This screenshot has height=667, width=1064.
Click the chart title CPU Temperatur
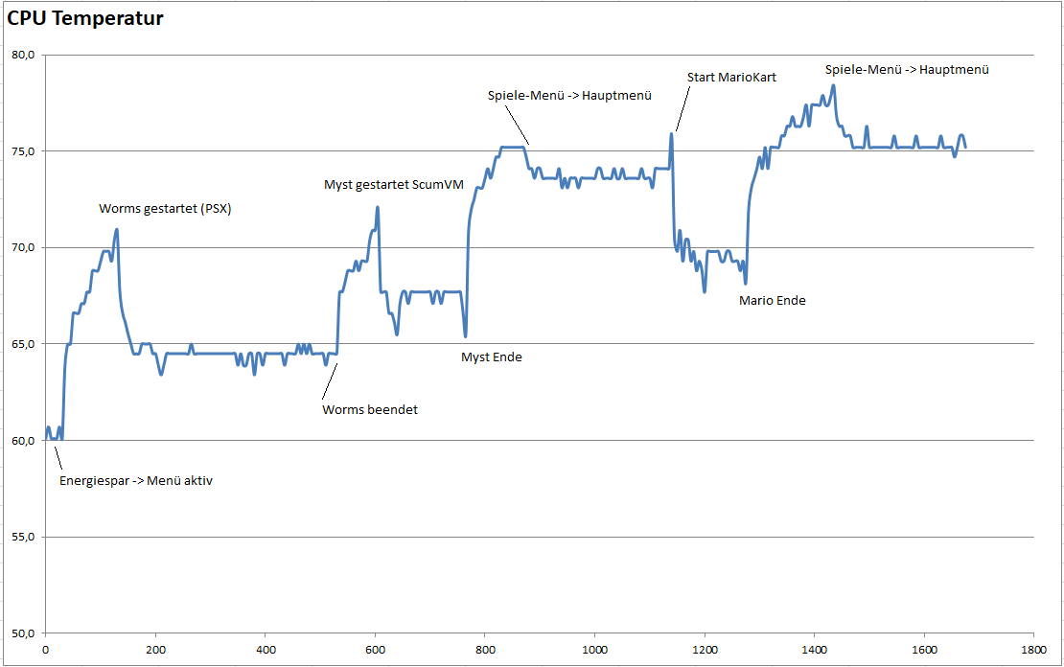click(x=85, y=18)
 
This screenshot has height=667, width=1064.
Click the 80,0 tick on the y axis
click(x=23, y=55)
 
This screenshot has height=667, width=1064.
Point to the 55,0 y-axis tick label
click(x=23, y=537)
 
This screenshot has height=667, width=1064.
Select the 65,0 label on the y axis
click(x=23, y=344)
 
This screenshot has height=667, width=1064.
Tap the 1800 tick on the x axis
click(x=1032, y=648)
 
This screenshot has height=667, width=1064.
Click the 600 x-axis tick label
click(x=375, y=648)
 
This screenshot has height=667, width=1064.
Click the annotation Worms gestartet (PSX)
click(x=165, y=208)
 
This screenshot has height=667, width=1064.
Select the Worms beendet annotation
click(x=370, y=409)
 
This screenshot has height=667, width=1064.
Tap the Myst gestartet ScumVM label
click(x=394, y=185)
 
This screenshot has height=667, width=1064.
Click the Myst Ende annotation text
click(x=492, y=356)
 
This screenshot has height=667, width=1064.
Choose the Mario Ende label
click(x=773, y=300)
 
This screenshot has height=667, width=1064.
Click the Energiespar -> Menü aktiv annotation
click(x=136, y=480)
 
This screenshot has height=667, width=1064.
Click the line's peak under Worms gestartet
click(x=116, y=230)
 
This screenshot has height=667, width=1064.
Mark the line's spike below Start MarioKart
click(x=671, y=134)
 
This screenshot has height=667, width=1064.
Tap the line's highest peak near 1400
click(x=833, y=85)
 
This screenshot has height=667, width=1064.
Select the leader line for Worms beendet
click(x=328, y=382)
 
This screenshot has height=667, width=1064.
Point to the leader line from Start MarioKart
click(x=682, y=108)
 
